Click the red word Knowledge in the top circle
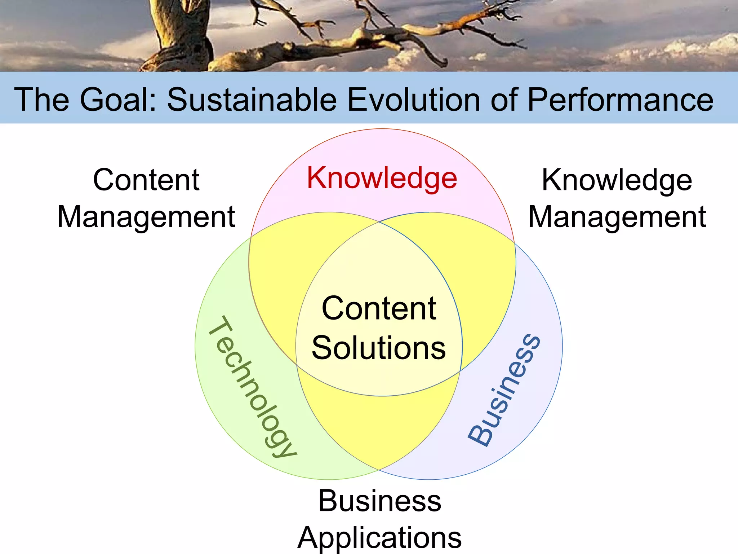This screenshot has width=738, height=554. coord(382,178)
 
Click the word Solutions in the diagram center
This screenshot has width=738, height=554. coord(379,348)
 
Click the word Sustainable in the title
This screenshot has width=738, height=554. coord(252,100)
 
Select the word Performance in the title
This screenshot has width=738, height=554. coord(620,100)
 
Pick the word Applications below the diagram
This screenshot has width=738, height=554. coord(379,537)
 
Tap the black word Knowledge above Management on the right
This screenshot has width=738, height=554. coord(617,180)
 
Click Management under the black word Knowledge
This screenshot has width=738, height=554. coord(617,217)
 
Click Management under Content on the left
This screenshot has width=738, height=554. coord(146,217)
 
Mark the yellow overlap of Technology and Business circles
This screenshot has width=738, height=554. coord(378,429)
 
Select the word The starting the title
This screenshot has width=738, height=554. coord(41,100)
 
